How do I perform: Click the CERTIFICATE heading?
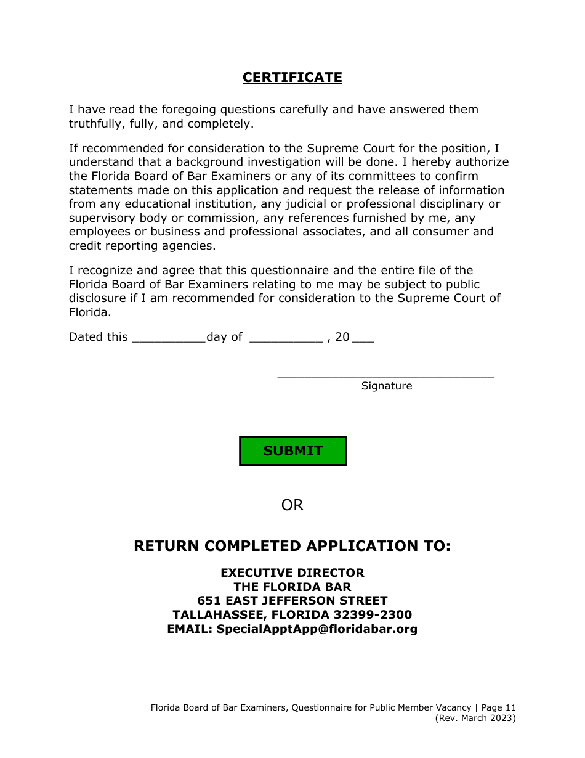pos(292,78)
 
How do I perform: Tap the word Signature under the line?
pos(386,386)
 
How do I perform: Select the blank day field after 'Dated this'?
pos(168,338)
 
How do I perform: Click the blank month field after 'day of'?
pos(286,338)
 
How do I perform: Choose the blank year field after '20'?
pos(363,338)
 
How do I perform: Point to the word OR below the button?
pos(292,505)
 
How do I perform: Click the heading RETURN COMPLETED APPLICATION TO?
pos(292,547)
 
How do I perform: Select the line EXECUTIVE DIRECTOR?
pos(292,573)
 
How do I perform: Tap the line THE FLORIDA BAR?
pos(292,587)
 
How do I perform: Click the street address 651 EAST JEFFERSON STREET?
pos(292,601)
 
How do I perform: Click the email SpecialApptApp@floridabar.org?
pos(317,629)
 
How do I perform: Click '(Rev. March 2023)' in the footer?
pos(475,719)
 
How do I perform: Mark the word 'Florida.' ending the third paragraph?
pos(90,312)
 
